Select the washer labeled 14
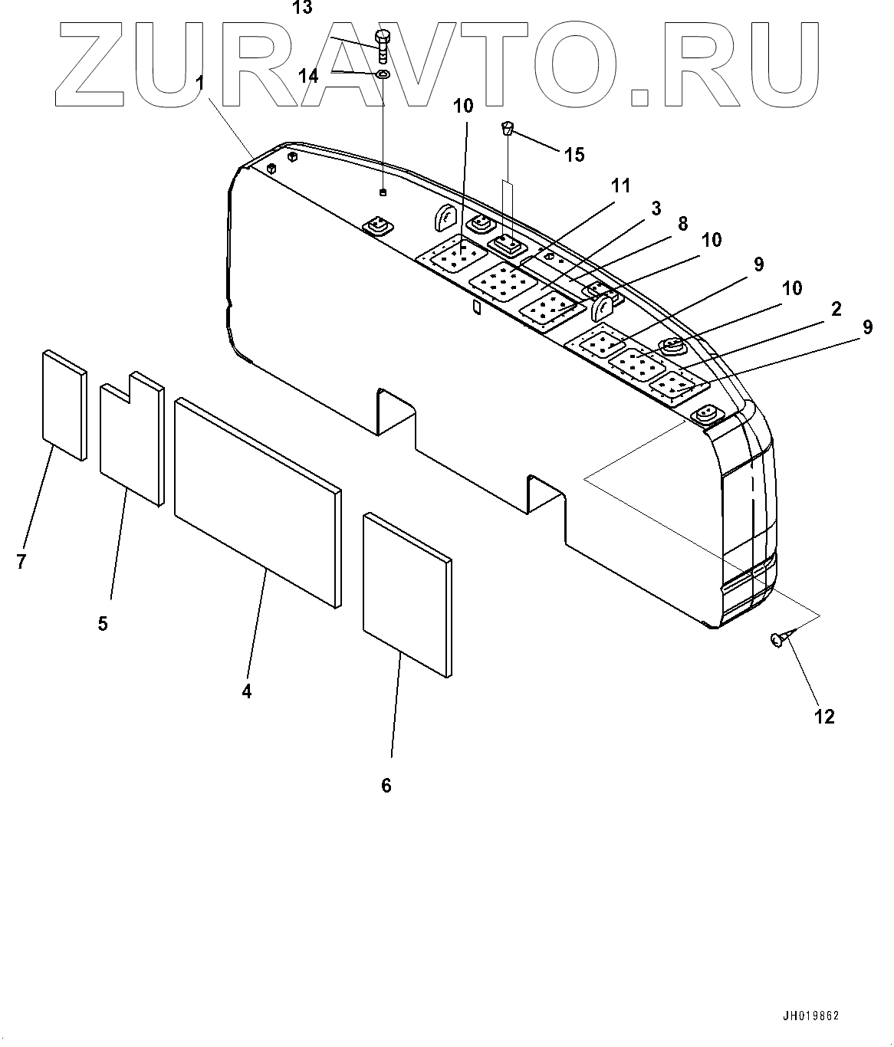coord(383,74)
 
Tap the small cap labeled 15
coord(507,127)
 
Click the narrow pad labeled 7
coord(64,405)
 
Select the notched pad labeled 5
coord(132,441)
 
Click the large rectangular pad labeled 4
coord(257,502)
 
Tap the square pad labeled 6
coord(406,594)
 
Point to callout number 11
coord(620,185)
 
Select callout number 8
coord(682,225)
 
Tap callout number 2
coord(836,309)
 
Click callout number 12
coord(823,717)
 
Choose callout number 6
coord(386,785)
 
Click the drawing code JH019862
coord(811,1016)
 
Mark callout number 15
coord(574,155)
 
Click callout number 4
coord(246,691)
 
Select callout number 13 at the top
coord(303,8)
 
